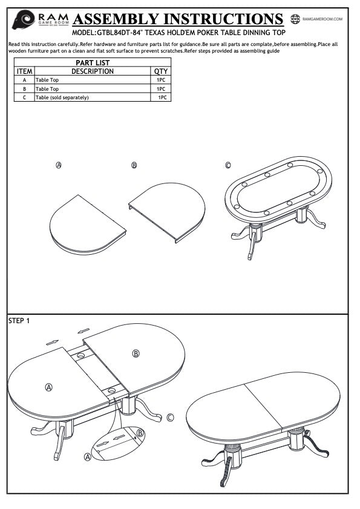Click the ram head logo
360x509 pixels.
[x=24, y=19]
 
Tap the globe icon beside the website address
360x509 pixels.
[x=295, y=19]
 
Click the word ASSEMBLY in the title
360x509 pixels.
[x=116, y=19]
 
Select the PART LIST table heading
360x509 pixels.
[x=93, y=63]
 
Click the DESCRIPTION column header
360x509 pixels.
[x=93, y=71]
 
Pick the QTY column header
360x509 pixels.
[x=161, y=71]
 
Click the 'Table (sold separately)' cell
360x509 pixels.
[x=62, y=97]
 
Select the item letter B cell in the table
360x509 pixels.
[x=24, y=88]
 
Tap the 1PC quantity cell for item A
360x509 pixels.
[x=161, y=80]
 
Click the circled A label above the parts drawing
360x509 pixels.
[x=59, y=165]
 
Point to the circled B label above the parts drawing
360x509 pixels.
[x=134, y=165]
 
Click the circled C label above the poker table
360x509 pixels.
[x=228, y=165]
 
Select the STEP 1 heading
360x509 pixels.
[x=19, y=321]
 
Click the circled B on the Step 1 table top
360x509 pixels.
[x=136, y=353]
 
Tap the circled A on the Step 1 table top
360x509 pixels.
[x=48, y=387]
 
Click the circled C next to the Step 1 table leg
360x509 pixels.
[x=170, y=417]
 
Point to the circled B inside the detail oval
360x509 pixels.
[x=140, y=433]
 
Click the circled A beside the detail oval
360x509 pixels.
[x=87, y=457]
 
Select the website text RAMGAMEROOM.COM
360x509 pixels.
[x=322, y=19]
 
